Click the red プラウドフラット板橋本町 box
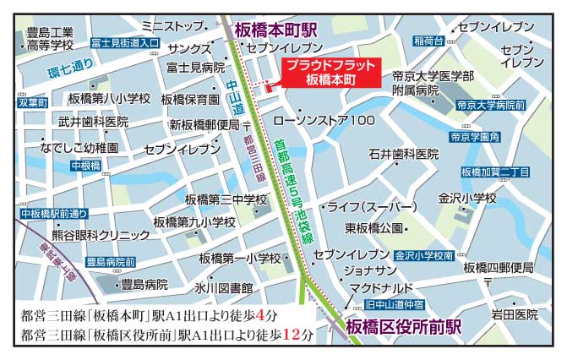330,73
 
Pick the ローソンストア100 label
336,121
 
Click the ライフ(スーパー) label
372,207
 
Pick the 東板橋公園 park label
373,229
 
